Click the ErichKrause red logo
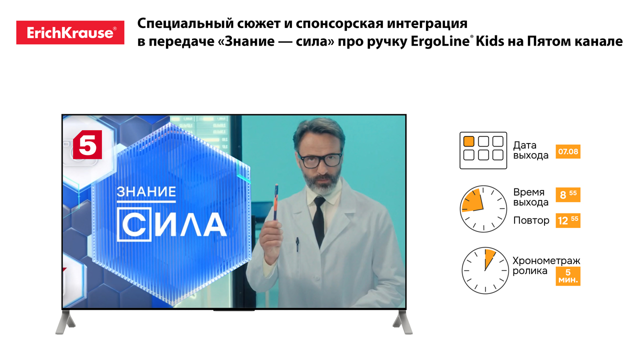click(70, 32)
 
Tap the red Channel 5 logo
click(87, 144)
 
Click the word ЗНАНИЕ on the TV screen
click(146, 191)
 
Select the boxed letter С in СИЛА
click(134, 225)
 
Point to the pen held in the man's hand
click(275, 202)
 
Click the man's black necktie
click(319, 220)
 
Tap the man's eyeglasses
click(319, 160)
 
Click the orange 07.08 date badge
click(568, 151)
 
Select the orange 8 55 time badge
click(568, 195)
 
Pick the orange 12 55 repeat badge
click(568, 220)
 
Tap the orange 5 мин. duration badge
click(568, 276)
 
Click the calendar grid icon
click(483, 150)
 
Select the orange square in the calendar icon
click(468, 141)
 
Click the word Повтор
click(531, 220)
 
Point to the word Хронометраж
click(546, 260)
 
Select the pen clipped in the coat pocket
click(297, 244)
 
